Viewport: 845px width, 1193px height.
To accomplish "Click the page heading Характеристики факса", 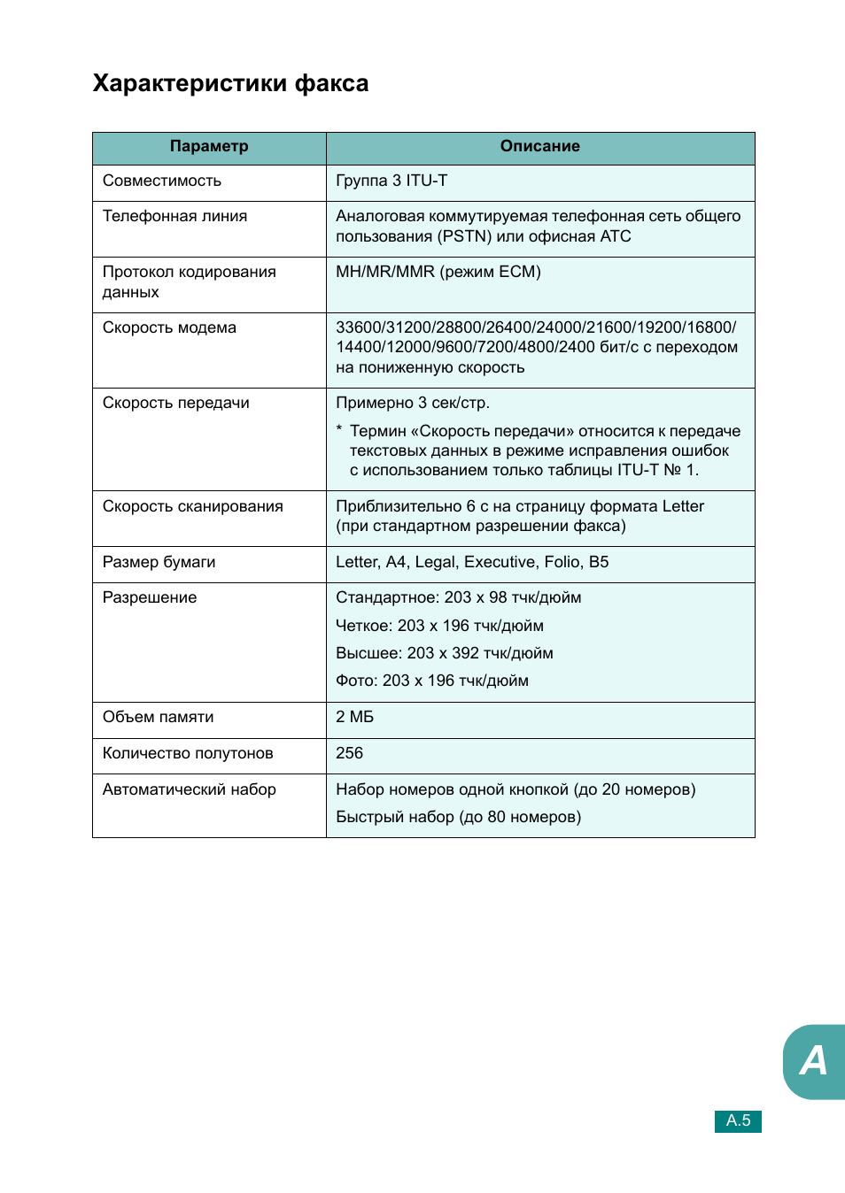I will point(230,83).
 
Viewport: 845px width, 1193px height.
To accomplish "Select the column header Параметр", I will point(209,147).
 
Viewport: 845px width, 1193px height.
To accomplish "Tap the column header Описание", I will point(539,147).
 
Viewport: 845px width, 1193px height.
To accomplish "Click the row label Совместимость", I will point(162,181).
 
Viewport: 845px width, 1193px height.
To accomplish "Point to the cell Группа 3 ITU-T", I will point(391,181).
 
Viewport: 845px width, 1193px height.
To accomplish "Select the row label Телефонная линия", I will point(174,216).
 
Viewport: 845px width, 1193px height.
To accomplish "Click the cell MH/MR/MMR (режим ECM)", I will point(438,272).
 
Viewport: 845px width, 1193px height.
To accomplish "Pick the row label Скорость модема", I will point(169,327).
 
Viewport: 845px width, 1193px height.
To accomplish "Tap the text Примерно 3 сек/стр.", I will point(413,403).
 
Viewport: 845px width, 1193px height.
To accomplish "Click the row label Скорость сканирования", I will point(192,506).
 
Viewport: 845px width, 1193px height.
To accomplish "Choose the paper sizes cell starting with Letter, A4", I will point(472,562).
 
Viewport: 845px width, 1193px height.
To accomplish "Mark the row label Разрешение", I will point(150,597).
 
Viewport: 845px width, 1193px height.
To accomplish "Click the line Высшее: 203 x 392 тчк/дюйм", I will point(444,653).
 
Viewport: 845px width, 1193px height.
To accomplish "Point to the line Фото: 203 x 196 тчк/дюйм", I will point(431,681).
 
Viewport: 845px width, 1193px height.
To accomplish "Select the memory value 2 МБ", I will point(354,717).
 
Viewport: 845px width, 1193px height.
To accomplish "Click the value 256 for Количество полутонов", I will point(349,753).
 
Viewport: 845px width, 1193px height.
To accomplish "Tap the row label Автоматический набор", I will point(189,789).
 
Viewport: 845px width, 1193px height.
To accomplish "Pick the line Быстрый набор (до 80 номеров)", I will point(458,817).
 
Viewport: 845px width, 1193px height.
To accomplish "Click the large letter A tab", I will point(813,1061).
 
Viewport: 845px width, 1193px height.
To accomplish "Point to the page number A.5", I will point(738,1121).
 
